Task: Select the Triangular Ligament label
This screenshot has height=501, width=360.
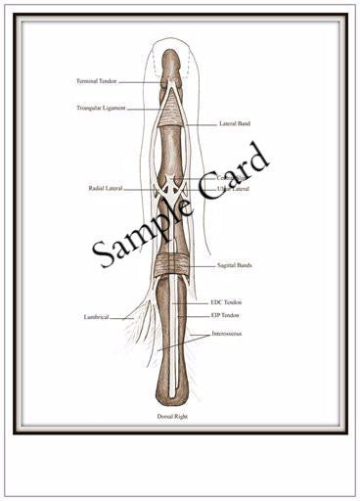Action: tap(101, 108)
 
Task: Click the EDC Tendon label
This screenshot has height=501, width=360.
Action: tap(226, 302)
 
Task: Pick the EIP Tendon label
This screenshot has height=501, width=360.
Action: tap(226, 315)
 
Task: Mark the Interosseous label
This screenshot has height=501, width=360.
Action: tap(228, 334)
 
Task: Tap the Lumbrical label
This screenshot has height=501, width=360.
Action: tap(96, 317)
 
